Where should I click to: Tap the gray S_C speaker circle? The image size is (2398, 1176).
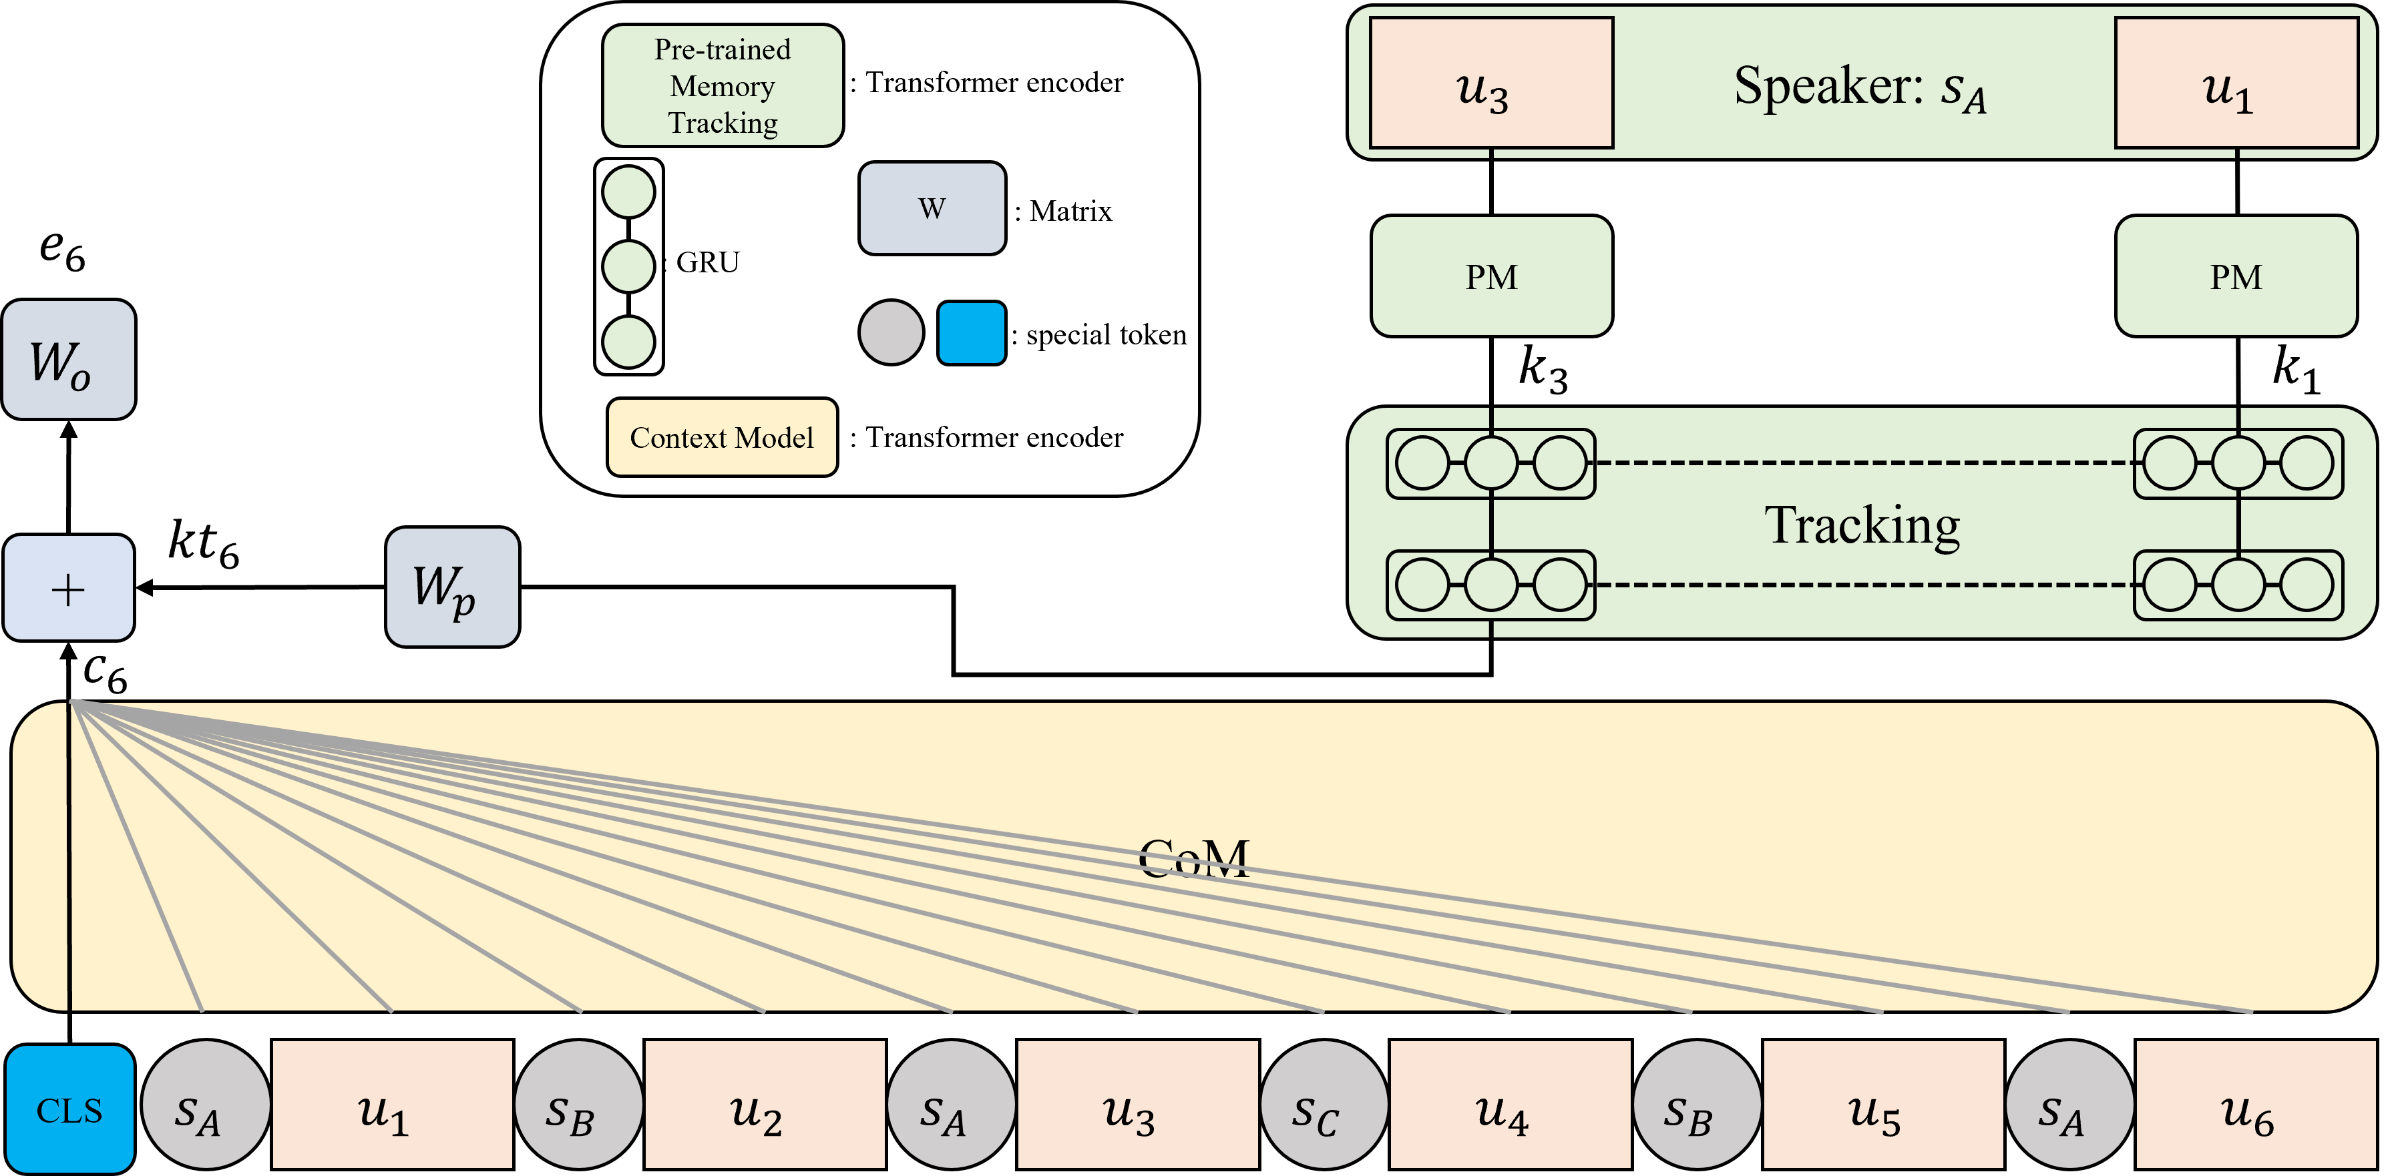click(1324, 1105)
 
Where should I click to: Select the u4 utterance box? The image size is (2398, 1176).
click(1510, 1105)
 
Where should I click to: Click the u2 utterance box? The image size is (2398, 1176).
click(764, 1105)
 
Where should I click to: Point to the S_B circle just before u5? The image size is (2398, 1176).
click(1696, 1105)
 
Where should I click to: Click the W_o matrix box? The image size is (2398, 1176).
click(69, 359)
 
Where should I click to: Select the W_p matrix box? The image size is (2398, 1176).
click(452, 587)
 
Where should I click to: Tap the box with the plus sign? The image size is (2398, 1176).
click(69, 588)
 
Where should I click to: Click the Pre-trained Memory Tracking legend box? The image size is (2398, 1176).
click(723, 85)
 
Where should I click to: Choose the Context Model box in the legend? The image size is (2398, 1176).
click(723, 437)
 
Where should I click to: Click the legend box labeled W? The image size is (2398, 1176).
click(932, 208)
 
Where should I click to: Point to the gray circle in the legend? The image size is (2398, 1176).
click(891, 332)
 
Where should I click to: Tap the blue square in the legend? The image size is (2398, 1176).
click(971, 332)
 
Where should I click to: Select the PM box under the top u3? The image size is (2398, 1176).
click(1491, 276)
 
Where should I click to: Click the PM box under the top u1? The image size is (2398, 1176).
click(2236, 276)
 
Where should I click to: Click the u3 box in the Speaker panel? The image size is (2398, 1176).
click(1491, 83)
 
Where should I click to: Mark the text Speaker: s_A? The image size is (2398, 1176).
click(1860, 88)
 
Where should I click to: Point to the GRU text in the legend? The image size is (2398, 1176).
click(707, 262)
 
